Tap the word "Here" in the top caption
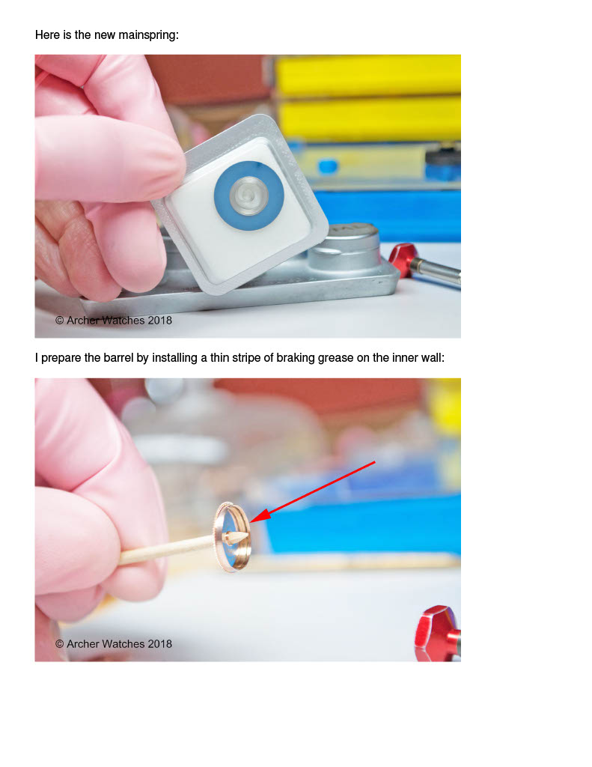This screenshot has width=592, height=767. tap(47, 34)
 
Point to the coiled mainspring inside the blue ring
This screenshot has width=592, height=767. tap(248, 195)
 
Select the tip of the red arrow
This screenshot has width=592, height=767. tap(251, 522)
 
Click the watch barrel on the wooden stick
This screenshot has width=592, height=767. tap(232, 536)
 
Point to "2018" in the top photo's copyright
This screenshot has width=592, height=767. tap(160, 321)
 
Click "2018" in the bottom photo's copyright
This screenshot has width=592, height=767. tap(160, 643)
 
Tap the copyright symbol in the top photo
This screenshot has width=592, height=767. tap(60, 321)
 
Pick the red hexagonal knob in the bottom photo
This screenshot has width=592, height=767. tap(437, 634)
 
